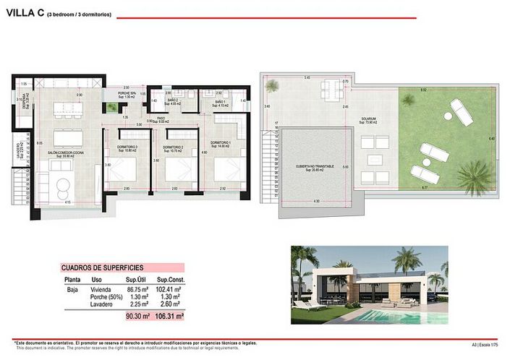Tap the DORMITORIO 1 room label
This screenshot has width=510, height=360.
pos(221,145)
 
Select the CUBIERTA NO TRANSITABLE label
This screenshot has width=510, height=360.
pos(315,168)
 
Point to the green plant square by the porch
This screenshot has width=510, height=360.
pos(111,108)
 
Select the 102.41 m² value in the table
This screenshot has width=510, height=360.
pos(171,288)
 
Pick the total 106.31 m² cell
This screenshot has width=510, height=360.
pos(170,316)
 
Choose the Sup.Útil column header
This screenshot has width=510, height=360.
pos(137,279)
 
